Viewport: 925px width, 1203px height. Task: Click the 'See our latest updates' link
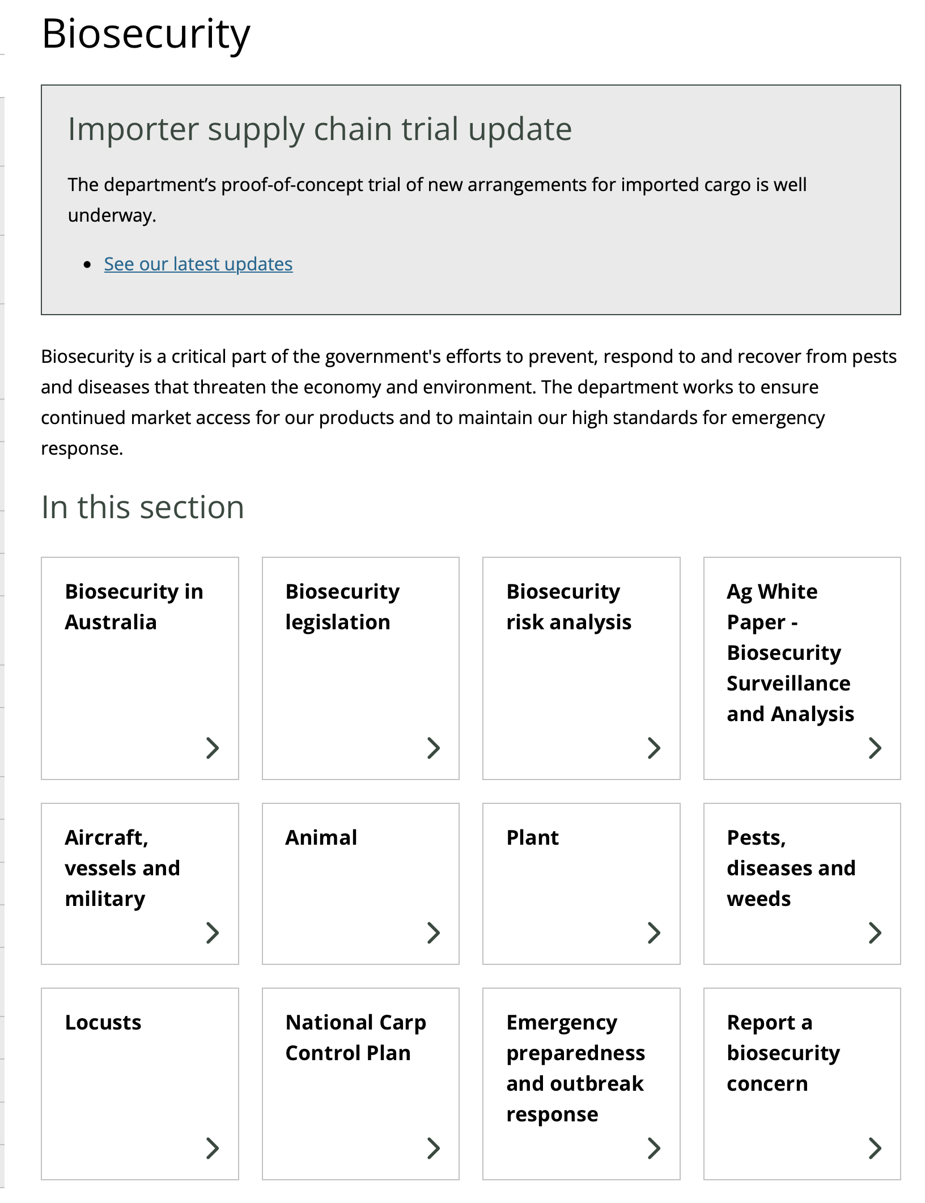click(198, 264)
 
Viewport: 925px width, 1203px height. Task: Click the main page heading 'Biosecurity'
click(146, 34)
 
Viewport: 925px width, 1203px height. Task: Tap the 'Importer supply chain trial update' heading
click(320, 129)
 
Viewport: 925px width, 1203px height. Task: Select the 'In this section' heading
click(143, 507)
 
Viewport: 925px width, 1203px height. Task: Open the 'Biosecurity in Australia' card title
click(134, 607)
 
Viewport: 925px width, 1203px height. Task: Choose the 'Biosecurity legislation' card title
click(342, 607)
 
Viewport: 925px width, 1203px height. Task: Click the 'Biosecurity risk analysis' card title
click(568, 607)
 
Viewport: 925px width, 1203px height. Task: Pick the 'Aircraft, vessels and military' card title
click(122, 868)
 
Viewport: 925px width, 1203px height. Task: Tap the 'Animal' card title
click(321, 837)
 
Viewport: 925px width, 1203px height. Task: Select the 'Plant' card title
click(532, 837)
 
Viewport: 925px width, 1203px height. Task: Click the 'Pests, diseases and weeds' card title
click(791, 868)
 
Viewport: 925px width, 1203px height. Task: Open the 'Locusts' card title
click(103, 1022)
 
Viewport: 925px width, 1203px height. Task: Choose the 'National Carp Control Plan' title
click(355, 1037)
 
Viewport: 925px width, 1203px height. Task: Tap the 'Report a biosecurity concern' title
click(783, 1053)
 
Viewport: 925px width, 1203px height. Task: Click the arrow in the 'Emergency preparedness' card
click(654, 1148)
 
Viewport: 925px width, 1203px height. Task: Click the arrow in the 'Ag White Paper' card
click(875, 748)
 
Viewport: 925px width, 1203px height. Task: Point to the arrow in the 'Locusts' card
click(213, 1148)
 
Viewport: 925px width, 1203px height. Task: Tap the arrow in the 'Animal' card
click(434, 933)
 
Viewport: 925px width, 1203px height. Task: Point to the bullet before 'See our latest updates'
click(87, 265)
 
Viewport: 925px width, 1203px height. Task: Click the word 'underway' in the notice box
click(111, 215)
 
